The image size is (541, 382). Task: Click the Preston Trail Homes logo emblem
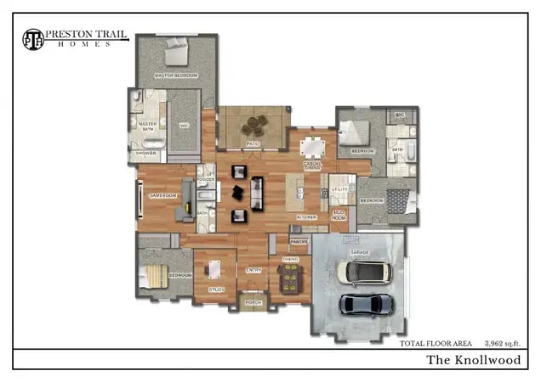tap(33, 38)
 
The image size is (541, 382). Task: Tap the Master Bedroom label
tap(176, 76)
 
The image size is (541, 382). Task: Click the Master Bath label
tap(147, 126)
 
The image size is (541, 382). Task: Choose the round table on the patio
tap(253, 128)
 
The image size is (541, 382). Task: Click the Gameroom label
tap(162, 195)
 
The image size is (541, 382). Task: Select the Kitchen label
tap(306, 217)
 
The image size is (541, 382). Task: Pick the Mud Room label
tap(339, 216)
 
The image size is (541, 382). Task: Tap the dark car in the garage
tap(367, 304)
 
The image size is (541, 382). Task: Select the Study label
tap(216, 289)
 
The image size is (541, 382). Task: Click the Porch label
tap(253, 302)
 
